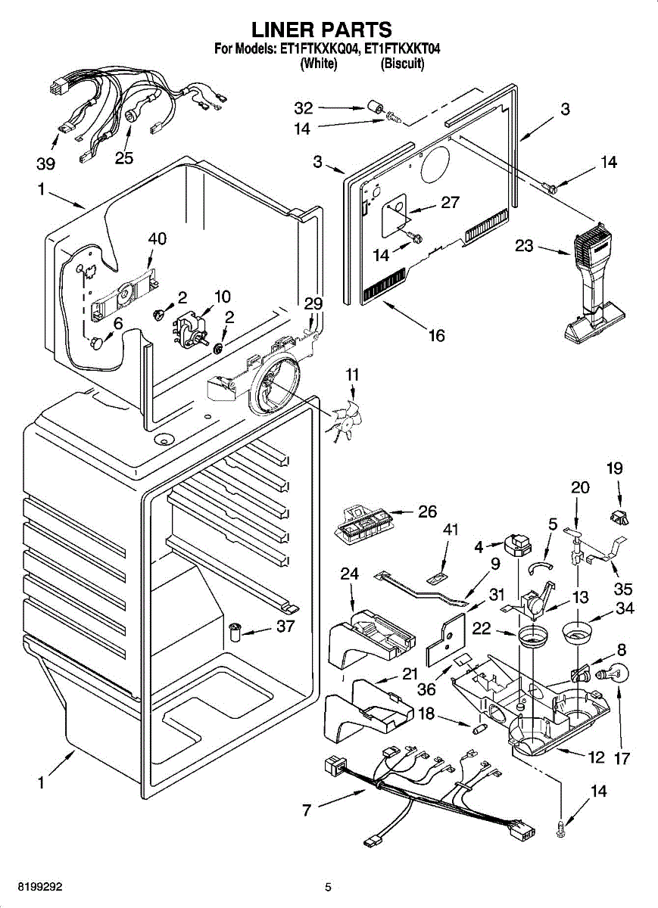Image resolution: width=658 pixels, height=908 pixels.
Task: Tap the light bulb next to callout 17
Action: [x=612, y=674]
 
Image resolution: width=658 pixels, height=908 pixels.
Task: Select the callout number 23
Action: [x=524, y=246]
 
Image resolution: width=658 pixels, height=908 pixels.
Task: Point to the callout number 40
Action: [x=157, y=239]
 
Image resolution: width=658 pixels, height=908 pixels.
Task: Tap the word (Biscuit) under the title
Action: [x=402, y=64]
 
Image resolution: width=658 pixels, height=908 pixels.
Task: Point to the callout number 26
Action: [x=427, y=512]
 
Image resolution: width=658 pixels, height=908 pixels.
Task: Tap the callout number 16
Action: [x=436, y=335]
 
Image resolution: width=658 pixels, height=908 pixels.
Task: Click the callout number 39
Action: [x=45, y=163]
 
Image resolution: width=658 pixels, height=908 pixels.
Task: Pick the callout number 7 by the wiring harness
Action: [x=307, y=810]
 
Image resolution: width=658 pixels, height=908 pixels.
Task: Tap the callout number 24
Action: [x=349, y=574]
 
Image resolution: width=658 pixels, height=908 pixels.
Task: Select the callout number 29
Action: [x=313, y=304]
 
